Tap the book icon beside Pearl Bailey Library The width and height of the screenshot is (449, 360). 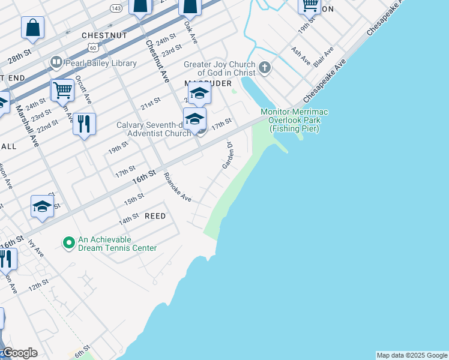coord(56,62)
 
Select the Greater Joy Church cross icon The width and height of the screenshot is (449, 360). coord(264,68)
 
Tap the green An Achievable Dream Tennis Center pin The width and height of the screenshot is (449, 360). coord(69,243)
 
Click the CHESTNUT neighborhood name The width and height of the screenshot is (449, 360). coord(104,35)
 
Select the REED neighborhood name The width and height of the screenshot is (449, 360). coord(154,215)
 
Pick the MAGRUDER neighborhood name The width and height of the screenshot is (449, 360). coord(208,83)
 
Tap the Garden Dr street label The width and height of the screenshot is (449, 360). coord(228,155)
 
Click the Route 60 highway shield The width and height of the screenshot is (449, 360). coord(91,47)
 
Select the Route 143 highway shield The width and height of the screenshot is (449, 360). coord(116,7)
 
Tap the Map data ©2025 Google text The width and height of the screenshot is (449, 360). coord(412,355)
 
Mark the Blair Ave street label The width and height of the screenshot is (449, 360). coord(319,58)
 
